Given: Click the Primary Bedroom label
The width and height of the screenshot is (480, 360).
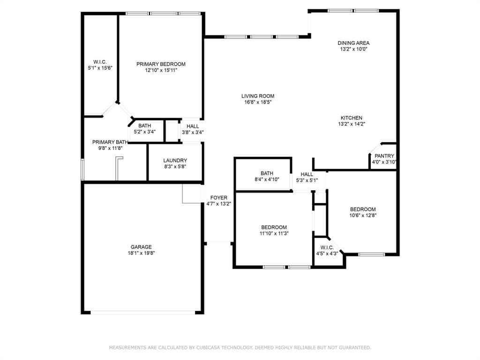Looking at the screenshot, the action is (x=161, y=64).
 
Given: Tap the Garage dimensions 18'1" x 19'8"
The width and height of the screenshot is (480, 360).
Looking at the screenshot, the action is (x=141, y=253).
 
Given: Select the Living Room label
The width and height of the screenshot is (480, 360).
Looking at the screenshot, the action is (x=258, y=96).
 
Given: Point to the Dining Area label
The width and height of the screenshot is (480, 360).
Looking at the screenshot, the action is (x=353, y=43).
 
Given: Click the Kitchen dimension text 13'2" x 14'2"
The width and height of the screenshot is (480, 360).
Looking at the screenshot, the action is (x=352, y=124).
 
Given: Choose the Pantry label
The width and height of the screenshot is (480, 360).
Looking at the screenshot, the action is (x=384, y=156).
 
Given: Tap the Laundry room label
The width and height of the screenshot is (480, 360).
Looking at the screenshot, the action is (x=175, y=161).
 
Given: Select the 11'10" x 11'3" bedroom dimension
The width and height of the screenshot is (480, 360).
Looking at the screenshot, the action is (x=274, y=233).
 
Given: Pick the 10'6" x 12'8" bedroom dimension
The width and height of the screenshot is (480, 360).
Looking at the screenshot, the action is (x=363, y=216).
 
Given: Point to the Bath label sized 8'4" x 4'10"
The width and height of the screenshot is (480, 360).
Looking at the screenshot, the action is (x=267, y=173).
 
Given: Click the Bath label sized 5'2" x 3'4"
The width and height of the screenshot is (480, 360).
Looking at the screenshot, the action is (x=144, y=126).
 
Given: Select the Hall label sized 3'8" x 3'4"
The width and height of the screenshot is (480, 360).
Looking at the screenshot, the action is (x=193, y=127).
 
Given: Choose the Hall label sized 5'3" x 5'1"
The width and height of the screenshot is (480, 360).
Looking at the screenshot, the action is (x=307, y=174).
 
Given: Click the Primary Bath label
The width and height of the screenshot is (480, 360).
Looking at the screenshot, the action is (x=110, y=142).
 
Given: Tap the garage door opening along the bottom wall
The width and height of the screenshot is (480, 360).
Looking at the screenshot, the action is (x=142, y=313).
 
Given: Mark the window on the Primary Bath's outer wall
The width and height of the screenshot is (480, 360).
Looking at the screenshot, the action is (x=82, y=169).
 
